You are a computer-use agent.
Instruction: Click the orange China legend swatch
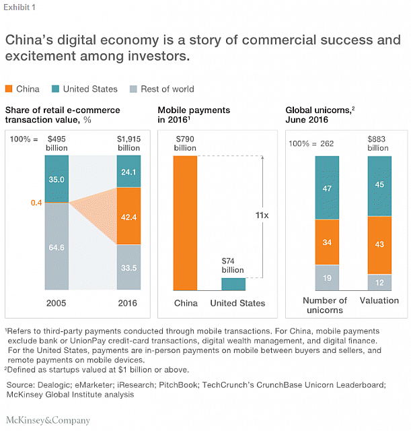click(x=9, y=89)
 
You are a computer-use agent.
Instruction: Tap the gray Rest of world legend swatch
click(x=126, y=89)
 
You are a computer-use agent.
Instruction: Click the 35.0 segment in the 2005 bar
click(x=56, y=180)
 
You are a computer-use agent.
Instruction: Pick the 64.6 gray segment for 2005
click(x=56, y=247)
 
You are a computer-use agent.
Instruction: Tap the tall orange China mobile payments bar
click(x=185, y=223)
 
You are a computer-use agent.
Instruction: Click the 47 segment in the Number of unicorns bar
click(x=327, y=189)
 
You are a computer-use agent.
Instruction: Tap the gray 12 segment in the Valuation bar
click(x=380, y=282)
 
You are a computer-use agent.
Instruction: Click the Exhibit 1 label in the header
click(x=20, y=7)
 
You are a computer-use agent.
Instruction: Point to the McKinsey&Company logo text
click(x=48, y=420)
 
